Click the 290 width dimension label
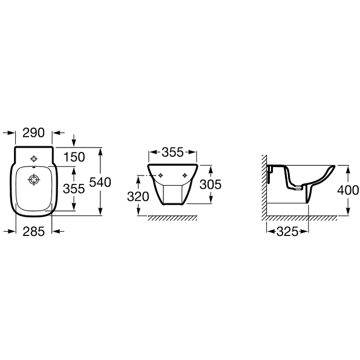click(x=33, y=133)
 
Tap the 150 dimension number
click(x=74, y=157)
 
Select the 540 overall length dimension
click(x=100, y=182)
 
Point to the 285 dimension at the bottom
click(x=33, y=231)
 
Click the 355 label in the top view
click(x=74, y=189)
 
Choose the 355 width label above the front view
click(x=172, y=152)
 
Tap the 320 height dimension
click(x=138, y=197)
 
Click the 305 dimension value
click(x=211, y=185)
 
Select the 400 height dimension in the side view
click(x=348, y=190)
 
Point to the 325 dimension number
click(x=287, y=231)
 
